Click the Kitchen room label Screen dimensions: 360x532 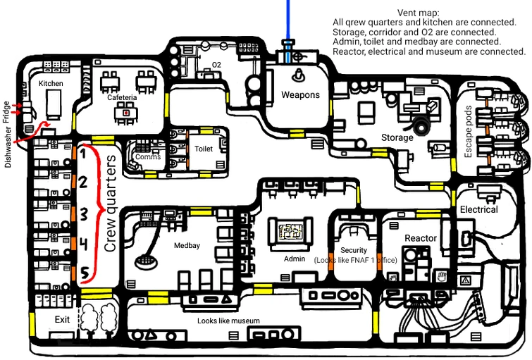point(51,83)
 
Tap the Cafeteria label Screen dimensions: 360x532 point(122,98)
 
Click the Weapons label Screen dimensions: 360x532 point(301,94)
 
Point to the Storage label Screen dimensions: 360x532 point(397,137)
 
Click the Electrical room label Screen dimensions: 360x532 point(478,209)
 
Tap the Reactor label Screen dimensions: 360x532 point(421,238)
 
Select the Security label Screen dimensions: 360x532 point(354,250)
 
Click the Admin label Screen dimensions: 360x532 point(294,259)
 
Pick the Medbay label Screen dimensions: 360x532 point(188,246)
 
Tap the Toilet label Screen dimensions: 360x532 point(204,149)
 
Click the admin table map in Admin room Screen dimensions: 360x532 point(291,230)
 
